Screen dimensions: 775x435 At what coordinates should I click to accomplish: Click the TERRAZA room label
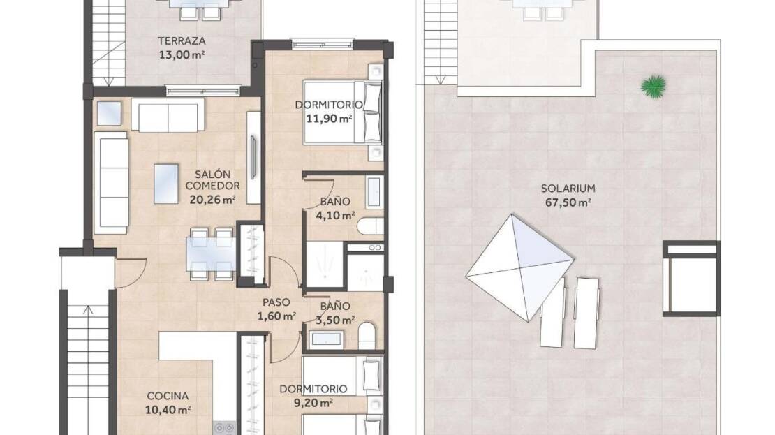point(182,41)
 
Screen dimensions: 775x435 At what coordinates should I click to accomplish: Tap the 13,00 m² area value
point(182,54)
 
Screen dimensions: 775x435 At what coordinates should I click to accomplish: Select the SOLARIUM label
point(568,189)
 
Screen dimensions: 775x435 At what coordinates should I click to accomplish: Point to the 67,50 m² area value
point(568,202)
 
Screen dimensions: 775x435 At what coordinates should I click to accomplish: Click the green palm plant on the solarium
point(654,87)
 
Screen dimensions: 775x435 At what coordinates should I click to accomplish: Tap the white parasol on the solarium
point(519,267)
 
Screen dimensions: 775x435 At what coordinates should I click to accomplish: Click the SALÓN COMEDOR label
point(212,180)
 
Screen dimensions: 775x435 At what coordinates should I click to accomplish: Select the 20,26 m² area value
point(212,200)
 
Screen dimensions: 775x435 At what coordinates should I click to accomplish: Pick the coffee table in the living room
point(166,184)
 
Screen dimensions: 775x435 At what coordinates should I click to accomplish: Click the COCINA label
point(168,396)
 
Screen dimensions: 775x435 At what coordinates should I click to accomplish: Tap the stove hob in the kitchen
point(224,428)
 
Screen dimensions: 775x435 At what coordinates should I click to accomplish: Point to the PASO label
point(276,302)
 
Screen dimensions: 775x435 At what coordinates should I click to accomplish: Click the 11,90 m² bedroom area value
point(329,119)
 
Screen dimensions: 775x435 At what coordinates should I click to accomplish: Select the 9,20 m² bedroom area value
point(313,403)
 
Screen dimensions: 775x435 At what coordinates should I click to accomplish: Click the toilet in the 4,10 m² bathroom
point(370,226)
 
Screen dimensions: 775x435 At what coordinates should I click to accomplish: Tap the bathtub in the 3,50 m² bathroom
point(325,339)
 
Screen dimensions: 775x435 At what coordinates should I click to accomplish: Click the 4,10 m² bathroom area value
point(335,215)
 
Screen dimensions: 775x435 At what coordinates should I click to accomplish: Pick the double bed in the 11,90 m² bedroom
point(343,112)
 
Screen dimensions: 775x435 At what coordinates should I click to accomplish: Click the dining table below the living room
point(211,253)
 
